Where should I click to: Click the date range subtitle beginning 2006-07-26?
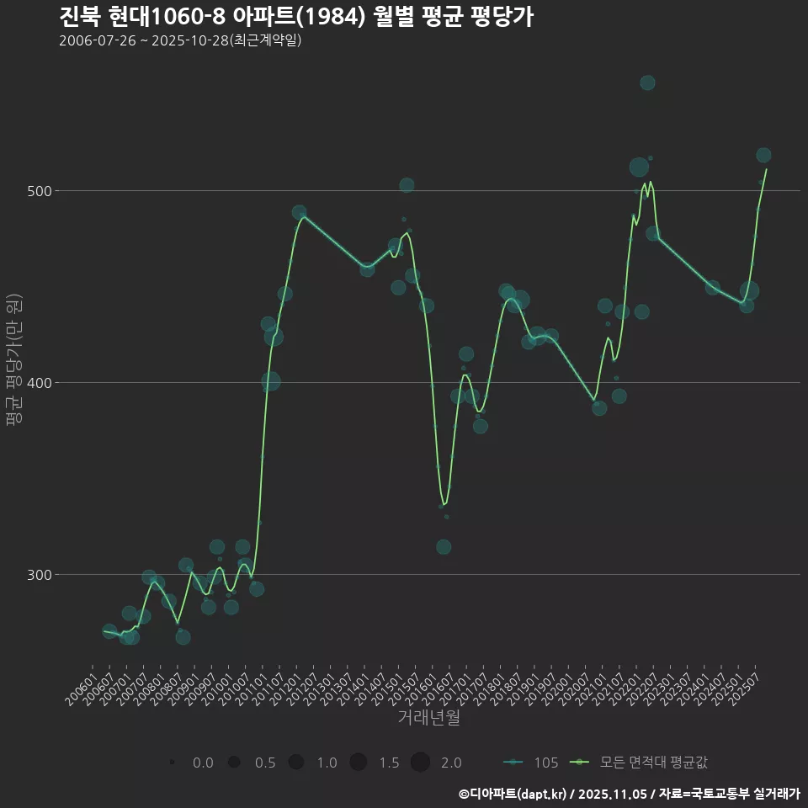tap(180, 40)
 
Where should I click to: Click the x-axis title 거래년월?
tap(428, 718)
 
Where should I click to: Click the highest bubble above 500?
tap(647, 82)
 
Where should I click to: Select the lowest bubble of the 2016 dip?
tap(444, 547)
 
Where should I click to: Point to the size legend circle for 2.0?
tap(421, 763)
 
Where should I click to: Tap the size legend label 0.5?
tap(265, 763)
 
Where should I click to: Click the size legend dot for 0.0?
tap(172, 763)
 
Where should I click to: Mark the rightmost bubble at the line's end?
tap(763, 155)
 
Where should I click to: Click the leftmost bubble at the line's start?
tap(109, 631)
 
